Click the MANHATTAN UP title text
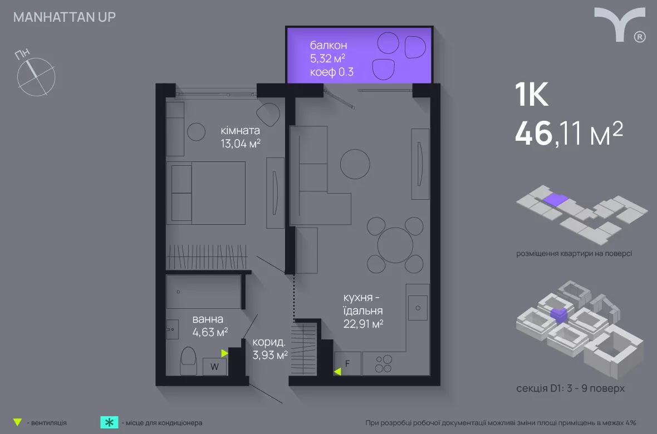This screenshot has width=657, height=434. click(65, 17)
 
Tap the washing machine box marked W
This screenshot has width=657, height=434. click(214, 367)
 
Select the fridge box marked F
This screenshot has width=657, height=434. click(347, 363)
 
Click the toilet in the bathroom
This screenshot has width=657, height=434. click(188, 361)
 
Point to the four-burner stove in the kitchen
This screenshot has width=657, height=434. click(384, 364)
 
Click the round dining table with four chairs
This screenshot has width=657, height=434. click(395, 245)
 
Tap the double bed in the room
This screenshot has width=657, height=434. click(206, 193)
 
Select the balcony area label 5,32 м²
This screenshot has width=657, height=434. click(327, 58)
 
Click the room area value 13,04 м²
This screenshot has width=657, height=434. click(241, 144)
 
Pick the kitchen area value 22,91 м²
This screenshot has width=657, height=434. click(363, 324)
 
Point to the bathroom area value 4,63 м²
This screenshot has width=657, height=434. click(210, 332)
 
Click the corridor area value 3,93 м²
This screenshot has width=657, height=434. click(270, 355)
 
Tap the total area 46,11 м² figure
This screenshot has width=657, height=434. click(568, 133)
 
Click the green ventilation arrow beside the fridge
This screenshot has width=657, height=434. click(337, 371)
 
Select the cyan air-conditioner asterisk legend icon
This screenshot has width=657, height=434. click(109, 422)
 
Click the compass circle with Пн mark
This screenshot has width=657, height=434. click(36, 77)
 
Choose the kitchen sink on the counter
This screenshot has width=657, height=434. click(418, 308)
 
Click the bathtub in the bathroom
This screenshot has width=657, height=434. click(204, 292)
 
